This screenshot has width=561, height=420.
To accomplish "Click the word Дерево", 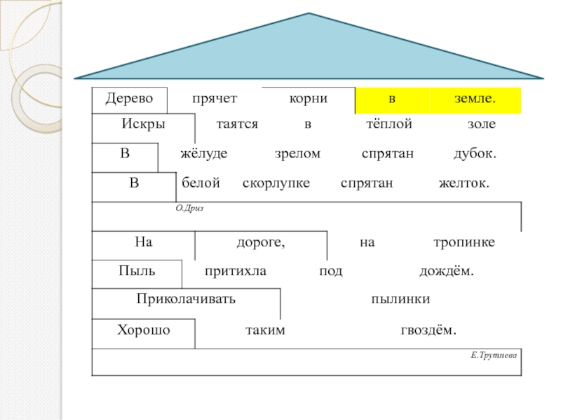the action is point(128,99).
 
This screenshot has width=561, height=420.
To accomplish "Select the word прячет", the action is point(215,99).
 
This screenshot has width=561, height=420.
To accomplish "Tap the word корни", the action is point(309,99).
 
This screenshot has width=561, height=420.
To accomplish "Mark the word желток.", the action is point(464,183).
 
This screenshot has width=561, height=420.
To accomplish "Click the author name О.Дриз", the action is point(189,208).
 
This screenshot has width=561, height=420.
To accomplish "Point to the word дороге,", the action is point(261,242).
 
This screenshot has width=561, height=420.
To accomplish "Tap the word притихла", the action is point(236,271).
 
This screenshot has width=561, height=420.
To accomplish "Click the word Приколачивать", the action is point(186,299).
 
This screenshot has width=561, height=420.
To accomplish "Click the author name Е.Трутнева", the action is point(494,356).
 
